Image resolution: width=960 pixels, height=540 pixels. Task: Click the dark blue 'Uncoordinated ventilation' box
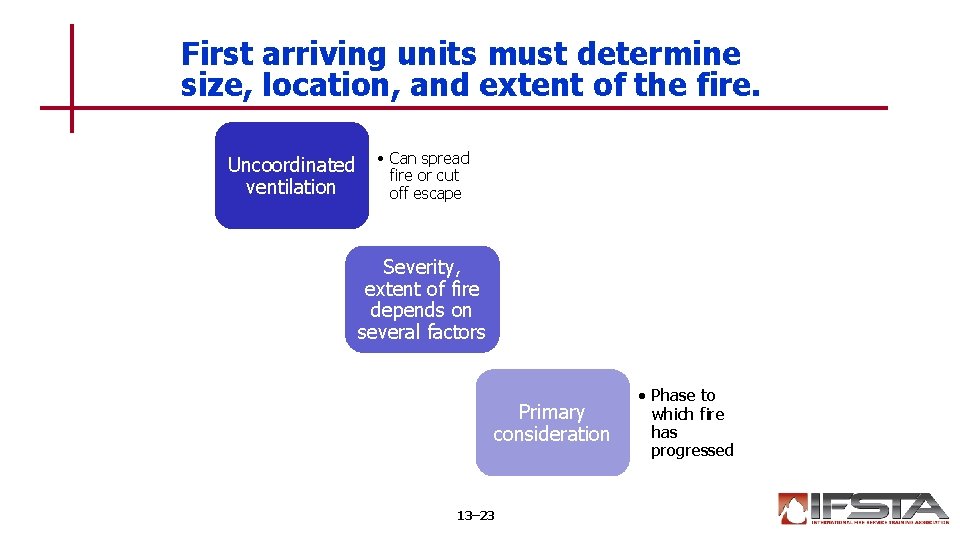(291, 175)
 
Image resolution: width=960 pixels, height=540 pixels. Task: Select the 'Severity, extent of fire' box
(421, 299)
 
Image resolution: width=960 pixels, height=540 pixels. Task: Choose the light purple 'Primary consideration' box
(551, 422)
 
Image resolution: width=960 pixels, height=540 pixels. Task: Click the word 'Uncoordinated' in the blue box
(291, 164)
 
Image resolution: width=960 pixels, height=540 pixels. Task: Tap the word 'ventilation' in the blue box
(291, 187)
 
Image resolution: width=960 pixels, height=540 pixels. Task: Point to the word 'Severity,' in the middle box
(421, 267)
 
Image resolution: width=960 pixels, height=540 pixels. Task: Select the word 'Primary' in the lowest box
(551, 412)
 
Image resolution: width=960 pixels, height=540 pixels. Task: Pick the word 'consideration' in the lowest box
(551, 434)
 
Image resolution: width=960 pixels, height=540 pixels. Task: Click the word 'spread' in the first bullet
(445, 158)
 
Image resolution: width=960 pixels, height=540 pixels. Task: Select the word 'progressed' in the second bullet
(692, 450)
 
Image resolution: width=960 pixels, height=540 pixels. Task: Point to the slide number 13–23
(475, 516)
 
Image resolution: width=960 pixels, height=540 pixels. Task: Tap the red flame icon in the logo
(793, 509)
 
